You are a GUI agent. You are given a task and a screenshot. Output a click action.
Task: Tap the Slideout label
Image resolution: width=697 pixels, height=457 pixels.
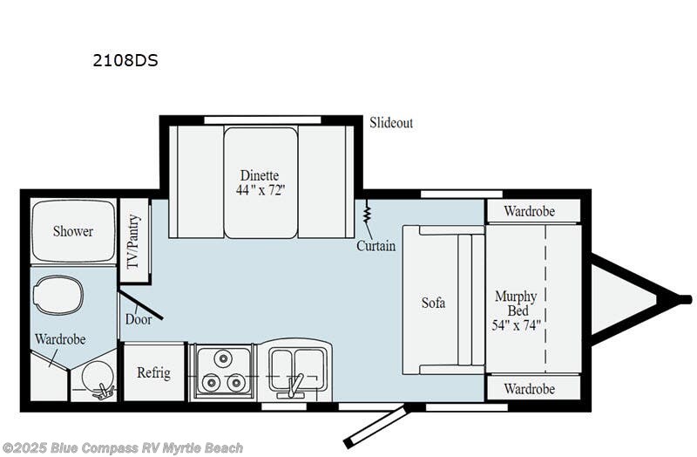(x=390, y=123)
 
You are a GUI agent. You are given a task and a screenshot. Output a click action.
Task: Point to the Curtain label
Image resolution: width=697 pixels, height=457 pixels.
(x=376, y=246)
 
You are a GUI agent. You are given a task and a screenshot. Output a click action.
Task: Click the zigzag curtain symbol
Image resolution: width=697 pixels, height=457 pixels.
(x=368, y=213)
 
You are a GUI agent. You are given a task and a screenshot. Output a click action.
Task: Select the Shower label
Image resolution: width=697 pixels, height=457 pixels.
(x=72, y=231)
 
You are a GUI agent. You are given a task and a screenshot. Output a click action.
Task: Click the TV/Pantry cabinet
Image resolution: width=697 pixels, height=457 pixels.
(x=134, y=240)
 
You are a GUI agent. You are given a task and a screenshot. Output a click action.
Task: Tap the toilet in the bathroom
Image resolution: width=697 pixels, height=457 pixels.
(x=60, y=295)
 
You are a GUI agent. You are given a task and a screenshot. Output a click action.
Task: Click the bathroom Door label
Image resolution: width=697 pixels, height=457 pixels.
(x=138, y=319)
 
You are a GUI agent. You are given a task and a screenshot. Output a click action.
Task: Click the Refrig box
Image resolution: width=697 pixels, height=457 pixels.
(x=153, y=372)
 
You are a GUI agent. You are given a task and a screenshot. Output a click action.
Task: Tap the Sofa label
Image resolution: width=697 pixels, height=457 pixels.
(x=433, y=303)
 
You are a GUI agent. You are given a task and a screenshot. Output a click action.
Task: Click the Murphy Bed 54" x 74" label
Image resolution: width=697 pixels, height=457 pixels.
(x=517, y=310)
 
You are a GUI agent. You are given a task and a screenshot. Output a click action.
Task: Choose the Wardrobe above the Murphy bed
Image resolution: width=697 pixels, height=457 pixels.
(x=531, y=211)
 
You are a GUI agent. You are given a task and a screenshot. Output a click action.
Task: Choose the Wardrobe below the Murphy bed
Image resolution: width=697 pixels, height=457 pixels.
(x=531, y=387)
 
